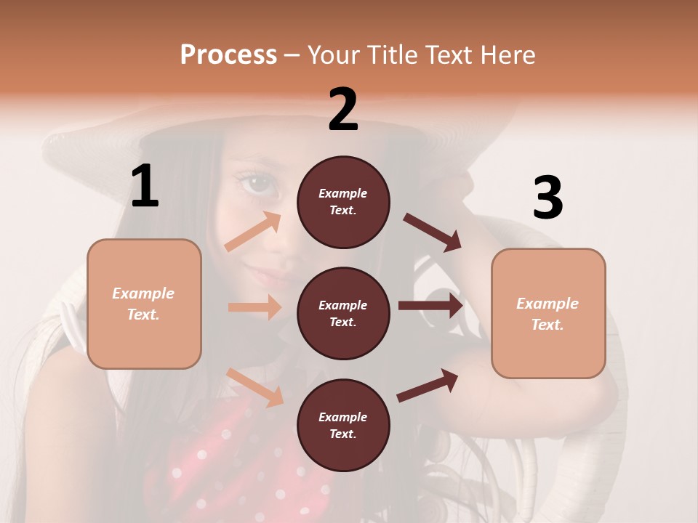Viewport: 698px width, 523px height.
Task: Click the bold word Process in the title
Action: tap(228, 54)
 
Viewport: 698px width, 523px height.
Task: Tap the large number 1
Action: tap(145, 187)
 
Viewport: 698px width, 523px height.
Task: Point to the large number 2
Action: tap(343, 110)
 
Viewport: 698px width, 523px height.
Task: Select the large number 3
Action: tap(547, 198)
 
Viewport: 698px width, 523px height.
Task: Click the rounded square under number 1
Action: tap(144, 304)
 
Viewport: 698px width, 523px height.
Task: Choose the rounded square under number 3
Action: tap(548, 313)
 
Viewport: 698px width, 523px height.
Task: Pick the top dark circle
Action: tap(343, 202)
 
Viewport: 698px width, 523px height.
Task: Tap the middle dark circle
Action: tap(343, 313)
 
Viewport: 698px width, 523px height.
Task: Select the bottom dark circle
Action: tap(343, 425)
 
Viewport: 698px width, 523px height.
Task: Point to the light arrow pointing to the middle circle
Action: tap(254, 307)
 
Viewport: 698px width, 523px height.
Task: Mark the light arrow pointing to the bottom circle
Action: tap(255, 386)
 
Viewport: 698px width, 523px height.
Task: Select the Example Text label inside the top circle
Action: tap(343, 202)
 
